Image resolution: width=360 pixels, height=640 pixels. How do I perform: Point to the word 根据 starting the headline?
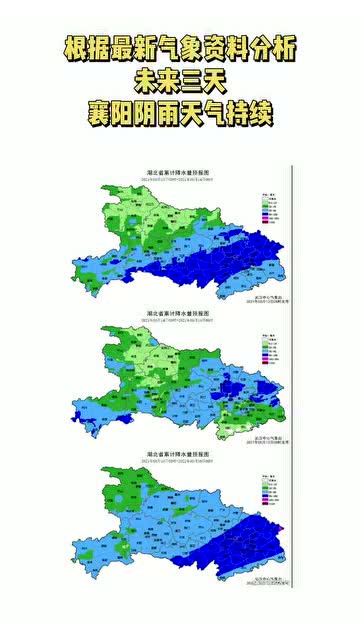81,47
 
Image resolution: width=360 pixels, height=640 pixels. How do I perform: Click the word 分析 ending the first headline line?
277,47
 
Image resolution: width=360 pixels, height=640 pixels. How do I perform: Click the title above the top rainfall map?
180,173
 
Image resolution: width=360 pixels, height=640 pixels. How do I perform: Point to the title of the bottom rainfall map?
180,451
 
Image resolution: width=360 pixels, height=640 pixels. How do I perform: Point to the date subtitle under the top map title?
180,179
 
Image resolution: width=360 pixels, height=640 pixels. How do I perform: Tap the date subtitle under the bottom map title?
180,458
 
